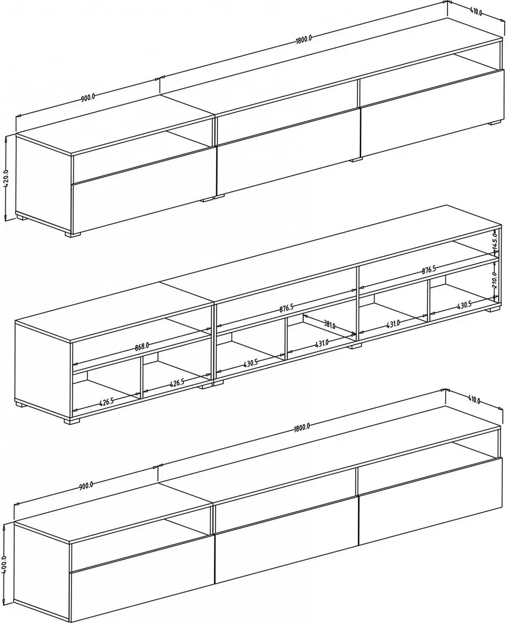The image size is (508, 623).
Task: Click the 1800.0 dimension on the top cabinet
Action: point(303,39)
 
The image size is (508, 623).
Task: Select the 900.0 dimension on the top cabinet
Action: point(88,97)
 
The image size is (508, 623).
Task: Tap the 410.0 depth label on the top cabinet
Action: point(476,11)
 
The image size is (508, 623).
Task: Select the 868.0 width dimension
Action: point(141,346)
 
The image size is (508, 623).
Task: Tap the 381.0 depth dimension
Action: point(330,325)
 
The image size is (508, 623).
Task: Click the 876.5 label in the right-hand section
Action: point(430,269)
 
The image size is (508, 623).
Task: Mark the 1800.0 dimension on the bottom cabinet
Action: point(302,428)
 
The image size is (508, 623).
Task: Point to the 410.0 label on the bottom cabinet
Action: point(474,400)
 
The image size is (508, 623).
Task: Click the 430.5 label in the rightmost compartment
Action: point(464,306)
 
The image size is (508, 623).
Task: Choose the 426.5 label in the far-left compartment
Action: point(107,401)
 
